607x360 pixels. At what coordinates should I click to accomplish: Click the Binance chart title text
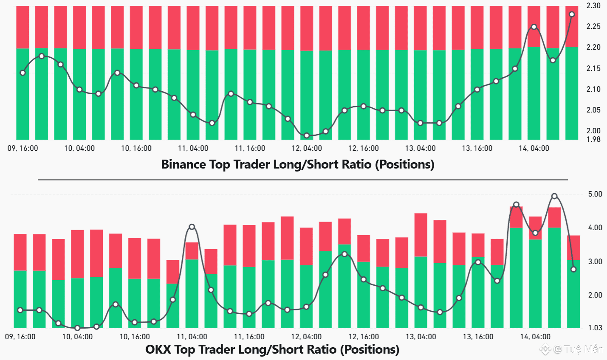298,164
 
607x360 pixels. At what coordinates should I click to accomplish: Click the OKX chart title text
272,349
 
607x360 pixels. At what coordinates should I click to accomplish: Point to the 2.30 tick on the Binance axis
593,6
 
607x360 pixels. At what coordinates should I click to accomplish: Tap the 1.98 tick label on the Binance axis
593,139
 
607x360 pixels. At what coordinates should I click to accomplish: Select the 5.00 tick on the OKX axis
595,194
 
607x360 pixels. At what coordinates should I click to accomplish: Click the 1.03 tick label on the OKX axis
595,327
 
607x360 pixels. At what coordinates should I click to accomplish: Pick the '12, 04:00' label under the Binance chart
306,148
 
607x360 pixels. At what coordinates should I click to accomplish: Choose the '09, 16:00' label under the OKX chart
20,337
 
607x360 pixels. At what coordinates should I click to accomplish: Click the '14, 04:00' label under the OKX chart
535,337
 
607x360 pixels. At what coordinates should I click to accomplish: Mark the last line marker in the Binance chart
572,14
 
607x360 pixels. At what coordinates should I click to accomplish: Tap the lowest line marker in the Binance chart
307,135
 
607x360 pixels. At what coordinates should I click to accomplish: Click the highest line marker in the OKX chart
554,196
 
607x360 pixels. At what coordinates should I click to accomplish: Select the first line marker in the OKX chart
20,310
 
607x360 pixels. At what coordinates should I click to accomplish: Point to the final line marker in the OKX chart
573,270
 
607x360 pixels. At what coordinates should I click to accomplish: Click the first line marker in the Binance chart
23,73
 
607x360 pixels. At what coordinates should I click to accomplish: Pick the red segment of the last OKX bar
573,247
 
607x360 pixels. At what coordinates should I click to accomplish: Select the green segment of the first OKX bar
20,299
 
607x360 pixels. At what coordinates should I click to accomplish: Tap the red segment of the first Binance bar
23,27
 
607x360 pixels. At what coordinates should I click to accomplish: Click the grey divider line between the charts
302,180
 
